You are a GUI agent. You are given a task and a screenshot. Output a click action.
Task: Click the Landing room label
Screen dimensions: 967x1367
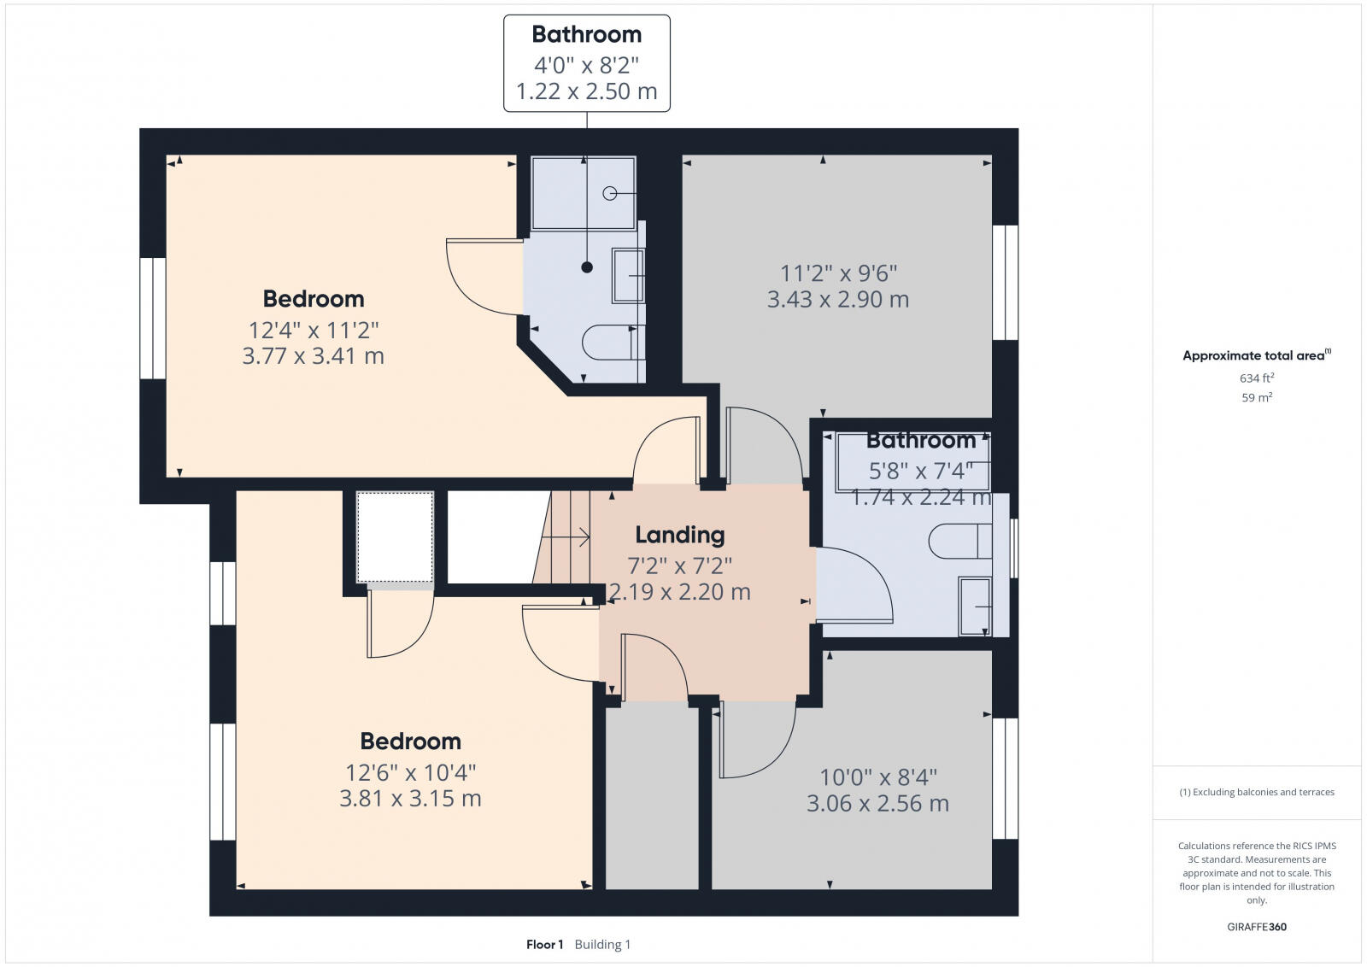679,535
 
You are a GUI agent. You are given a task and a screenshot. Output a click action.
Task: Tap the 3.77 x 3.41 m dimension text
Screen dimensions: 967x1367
313,355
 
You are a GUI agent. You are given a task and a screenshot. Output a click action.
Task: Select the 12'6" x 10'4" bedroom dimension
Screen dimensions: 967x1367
410,772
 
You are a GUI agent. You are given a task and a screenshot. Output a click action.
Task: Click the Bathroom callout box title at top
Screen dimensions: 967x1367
586,34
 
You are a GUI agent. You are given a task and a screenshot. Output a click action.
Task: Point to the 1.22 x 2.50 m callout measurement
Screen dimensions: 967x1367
586,91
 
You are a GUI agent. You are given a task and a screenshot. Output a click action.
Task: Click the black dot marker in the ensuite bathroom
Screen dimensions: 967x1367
587,267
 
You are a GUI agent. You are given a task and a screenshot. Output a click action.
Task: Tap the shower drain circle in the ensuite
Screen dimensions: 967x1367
609,194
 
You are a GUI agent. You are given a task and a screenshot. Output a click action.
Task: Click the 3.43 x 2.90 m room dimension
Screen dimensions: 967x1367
837,300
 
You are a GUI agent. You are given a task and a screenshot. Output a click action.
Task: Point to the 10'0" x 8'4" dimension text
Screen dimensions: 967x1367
877,777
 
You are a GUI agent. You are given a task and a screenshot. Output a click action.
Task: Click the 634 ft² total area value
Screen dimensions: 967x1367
1257,378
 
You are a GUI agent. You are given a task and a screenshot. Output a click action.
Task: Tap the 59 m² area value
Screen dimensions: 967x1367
1257,397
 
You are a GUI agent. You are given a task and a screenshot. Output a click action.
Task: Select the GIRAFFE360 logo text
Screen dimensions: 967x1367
1256,927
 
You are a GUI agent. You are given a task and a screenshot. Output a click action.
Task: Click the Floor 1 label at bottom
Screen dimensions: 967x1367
544,945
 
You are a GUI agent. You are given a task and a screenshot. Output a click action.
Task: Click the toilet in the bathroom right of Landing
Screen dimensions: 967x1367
957,541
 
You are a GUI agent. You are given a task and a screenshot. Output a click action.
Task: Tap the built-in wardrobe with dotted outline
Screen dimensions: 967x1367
395,537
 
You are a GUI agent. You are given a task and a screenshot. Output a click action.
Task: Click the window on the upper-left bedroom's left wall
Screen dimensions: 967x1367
152,318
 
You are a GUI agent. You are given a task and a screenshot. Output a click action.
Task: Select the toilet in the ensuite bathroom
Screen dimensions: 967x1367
608,343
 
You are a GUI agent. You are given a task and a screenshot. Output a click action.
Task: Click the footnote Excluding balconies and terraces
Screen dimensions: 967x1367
1257,792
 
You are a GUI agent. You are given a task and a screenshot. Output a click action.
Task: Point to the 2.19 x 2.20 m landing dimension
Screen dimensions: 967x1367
679,592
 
